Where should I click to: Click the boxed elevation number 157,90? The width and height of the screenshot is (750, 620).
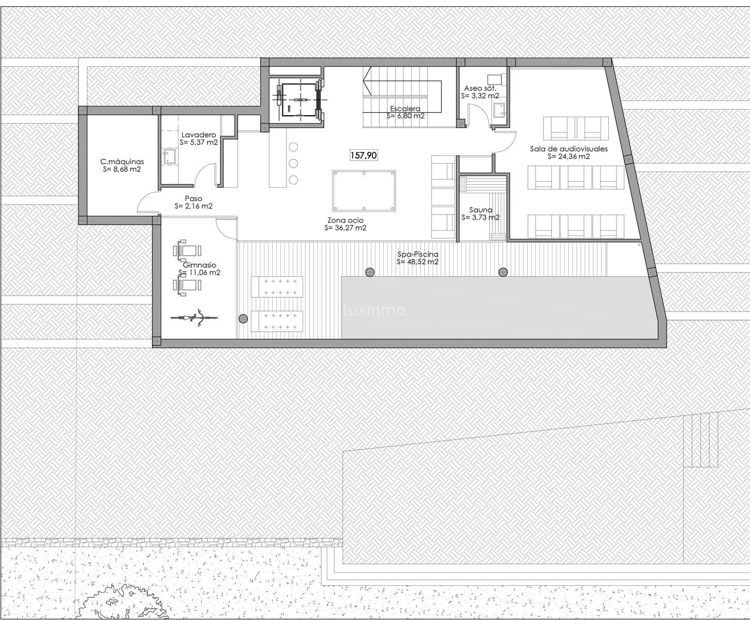coord(364,155)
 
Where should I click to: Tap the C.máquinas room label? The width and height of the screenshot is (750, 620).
coord(122,162)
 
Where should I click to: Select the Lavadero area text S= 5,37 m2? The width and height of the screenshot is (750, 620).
coord(199,142)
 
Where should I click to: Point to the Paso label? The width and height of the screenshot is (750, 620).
coord(193,198)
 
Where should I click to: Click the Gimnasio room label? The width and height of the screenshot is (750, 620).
coord(199,265)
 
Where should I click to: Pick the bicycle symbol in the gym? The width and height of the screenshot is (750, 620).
coord(194,317)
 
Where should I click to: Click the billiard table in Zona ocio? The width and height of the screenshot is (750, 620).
coord(364,191)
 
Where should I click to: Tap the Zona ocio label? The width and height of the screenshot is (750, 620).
coord(346,221)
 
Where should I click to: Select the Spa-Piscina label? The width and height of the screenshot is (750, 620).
coord(417,254)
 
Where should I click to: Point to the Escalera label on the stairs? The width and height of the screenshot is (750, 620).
coord(405,109)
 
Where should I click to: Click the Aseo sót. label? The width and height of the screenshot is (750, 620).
coord(479,88)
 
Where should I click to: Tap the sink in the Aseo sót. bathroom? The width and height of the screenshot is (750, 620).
coord(499,110)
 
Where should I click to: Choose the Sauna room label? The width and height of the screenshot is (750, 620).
coord(481,210)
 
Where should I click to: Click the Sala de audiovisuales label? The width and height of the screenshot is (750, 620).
coord(568,149)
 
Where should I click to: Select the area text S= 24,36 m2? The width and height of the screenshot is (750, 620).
coord(567,157)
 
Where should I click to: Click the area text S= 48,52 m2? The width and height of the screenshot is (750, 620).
coord(417,262)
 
